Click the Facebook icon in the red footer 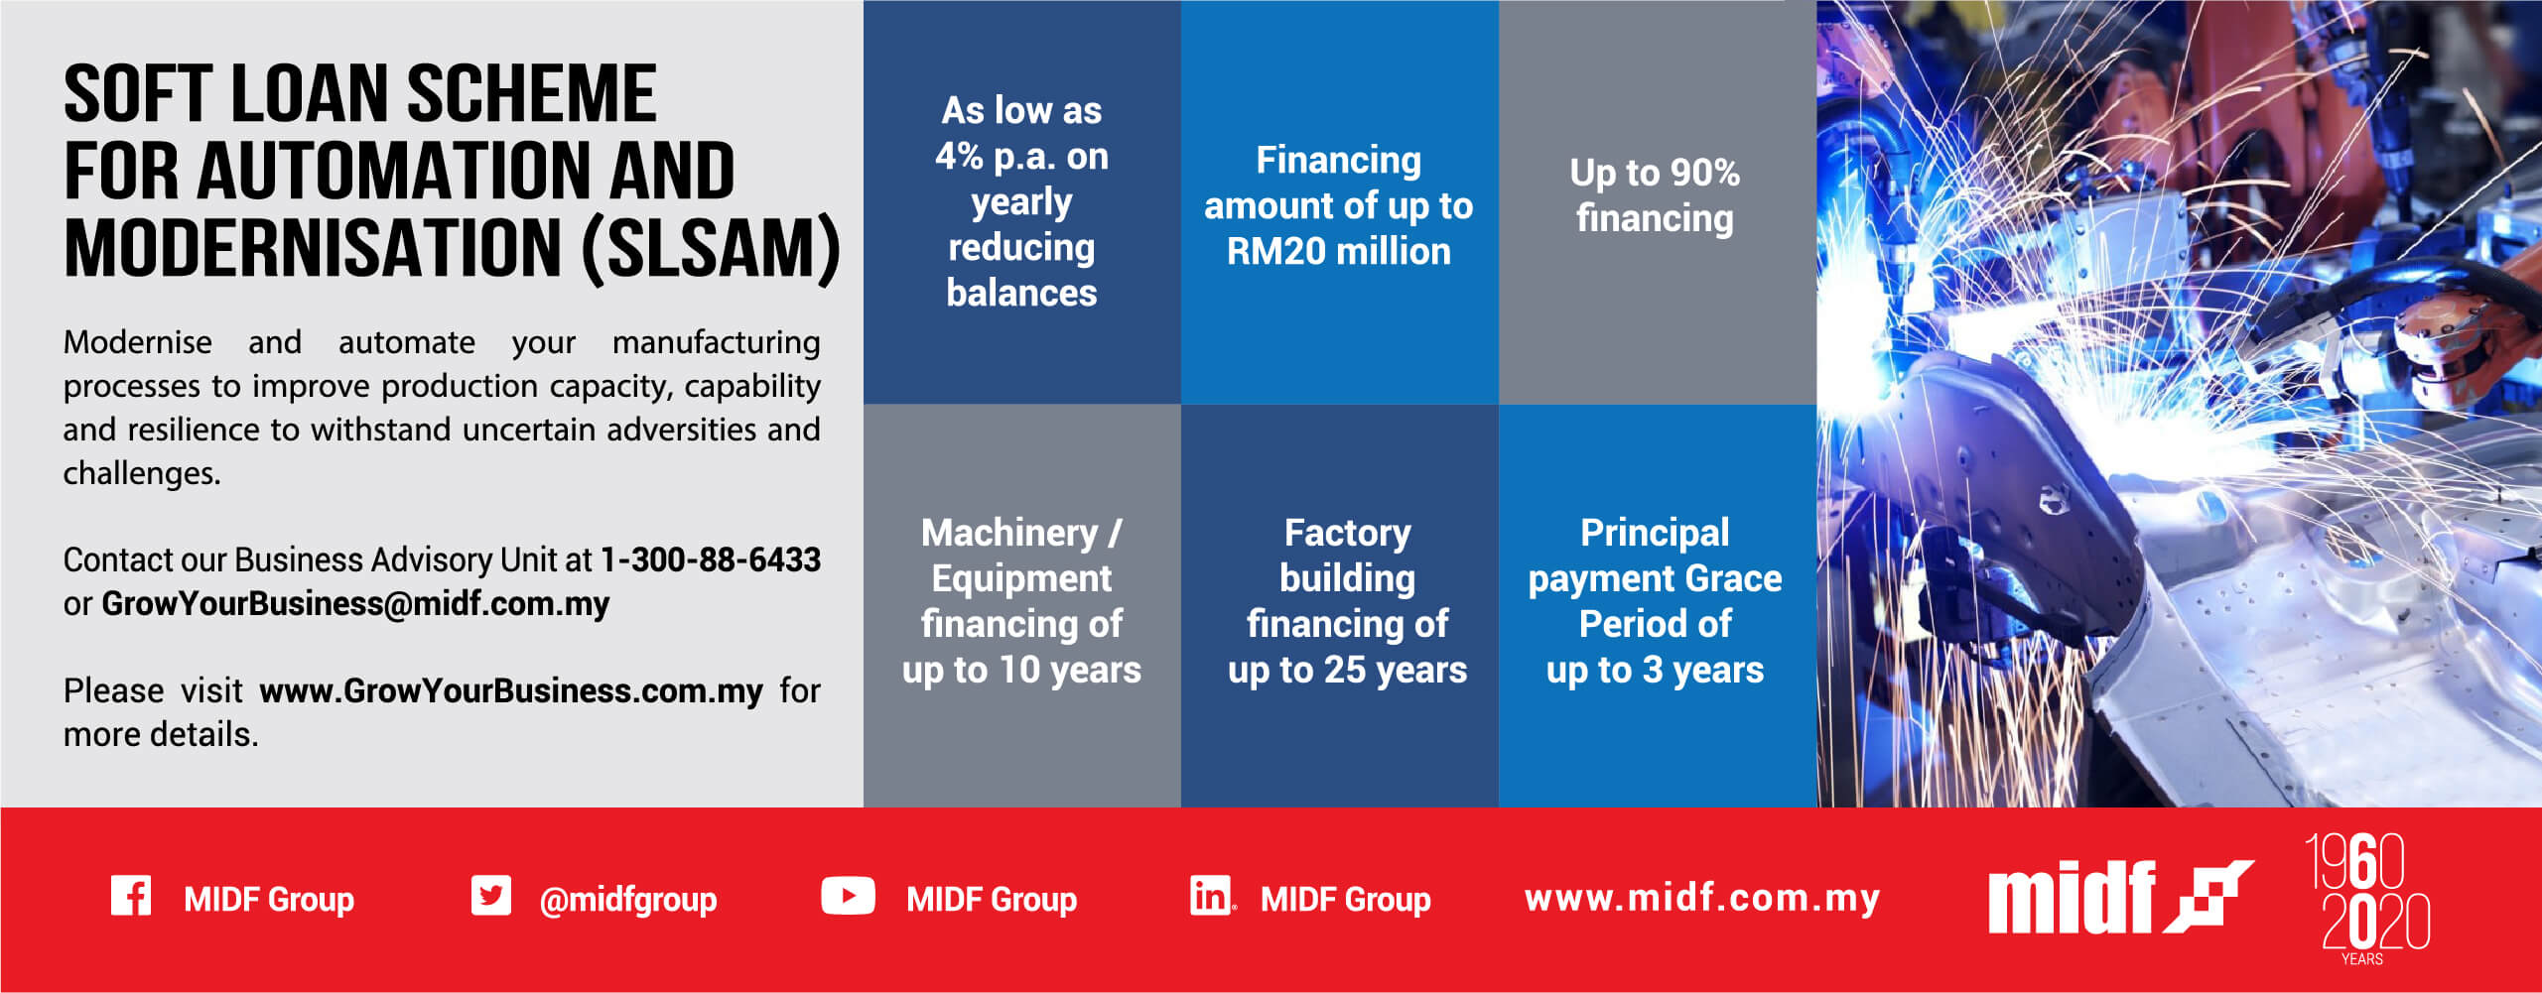(130, 896)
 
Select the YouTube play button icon (848, 896)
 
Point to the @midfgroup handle (627, 900)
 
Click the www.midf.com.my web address (1702, 898)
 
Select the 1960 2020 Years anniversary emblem (2366, 899)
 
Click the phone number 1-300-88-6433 (710, 559)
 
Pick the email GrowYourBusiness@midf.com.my (355, 603)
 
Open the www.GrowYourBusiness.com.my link (511, 690)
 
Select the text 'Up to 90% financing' (1655, 195)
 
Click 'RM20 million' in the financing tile (1338, 251)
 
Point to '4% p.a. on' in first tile (1021, 157)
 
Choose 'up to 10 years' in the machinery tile (1021, 671)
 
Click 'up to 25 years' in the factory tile (1347, 671)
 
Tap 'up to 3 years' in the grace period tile (1655, 671)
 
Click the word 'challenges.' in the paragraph (142, 473)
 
